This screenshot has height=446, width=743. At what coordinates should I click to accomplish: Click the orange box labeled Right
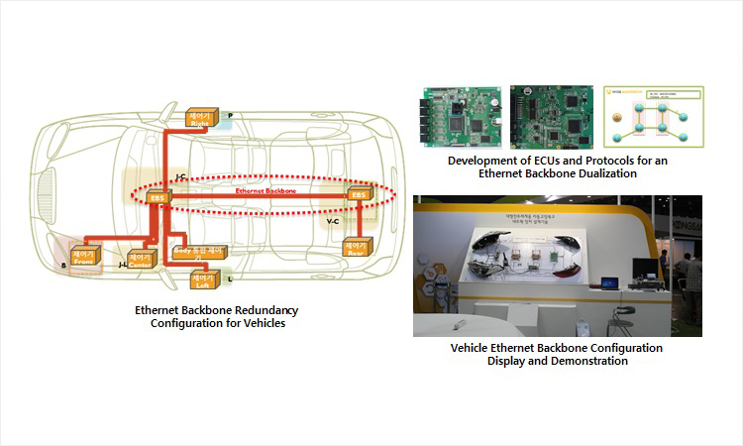pos(204,117)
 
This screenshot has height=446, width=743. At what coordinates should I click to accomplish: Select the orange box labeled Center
pos(138,262)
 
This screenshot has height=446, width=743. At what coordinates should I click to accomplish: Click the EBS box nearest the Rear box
pos(358,195)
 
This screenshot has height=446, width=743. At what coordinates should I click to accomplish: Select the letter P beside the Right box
pos(230,116)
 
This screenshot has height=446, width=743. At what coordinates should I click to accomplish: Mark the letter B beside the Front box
pos(63,267)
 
